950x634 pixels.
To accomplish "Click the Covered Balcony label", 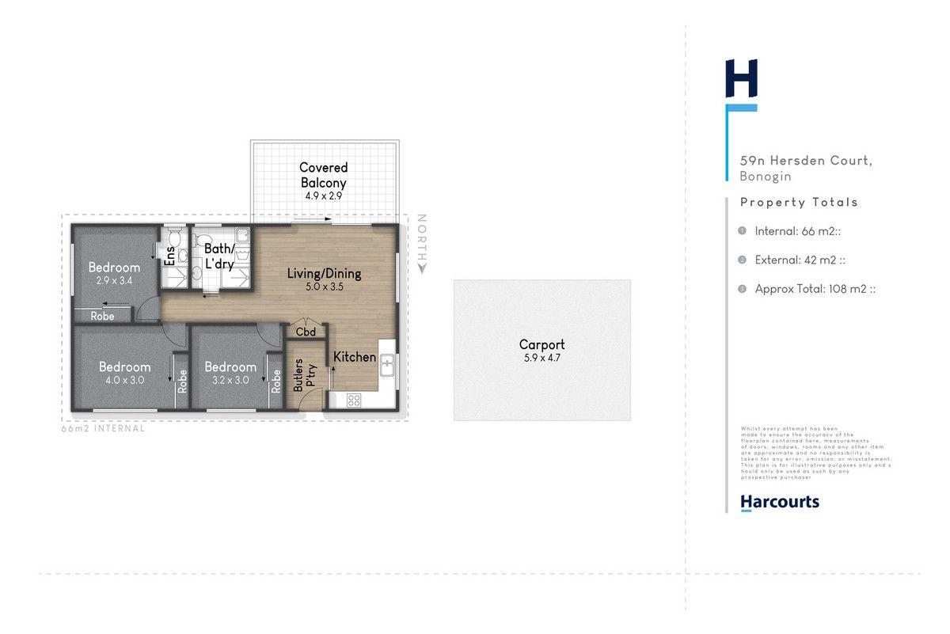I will tap(323, 175).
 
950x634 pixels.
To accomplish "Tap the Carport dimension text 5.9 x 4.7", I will tap(541, 358).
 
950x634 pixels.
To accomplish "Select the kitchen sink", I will tap(387, 365).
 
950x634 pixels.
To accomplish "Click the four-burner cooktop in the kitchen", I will tap(353, 400).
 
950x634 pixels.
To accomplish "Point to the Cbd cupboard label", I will tap(306, 332).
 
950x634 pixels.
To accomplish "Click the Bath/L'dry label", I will tap(218, 256).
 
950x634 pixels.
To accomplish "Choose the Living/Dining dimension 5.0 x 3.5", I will tap(324, 287).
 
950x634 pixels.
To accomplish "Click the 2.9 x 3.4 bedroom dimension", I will tap(114, 281).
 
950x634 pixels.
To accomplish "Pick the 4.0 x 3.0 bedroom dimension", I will tap(124, 380).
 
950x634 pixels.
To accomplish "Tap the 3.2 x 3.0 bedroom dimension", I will tap(230, 380).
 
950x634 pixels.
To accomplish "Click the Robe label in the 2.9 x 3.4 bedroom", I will tap(102, 316).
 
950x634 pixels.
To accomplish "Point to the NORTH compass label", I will tap(422, 244).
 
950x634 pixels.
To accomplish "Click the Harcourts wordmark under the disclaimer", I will tap(779, 502).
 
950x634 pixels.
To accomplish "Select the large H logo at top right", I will tap(742, 79).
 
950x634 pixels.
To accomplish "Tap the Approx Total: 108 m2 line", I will tap(814, 289).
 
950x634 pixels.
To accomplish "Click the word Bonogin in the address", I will tap(766, 177).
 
